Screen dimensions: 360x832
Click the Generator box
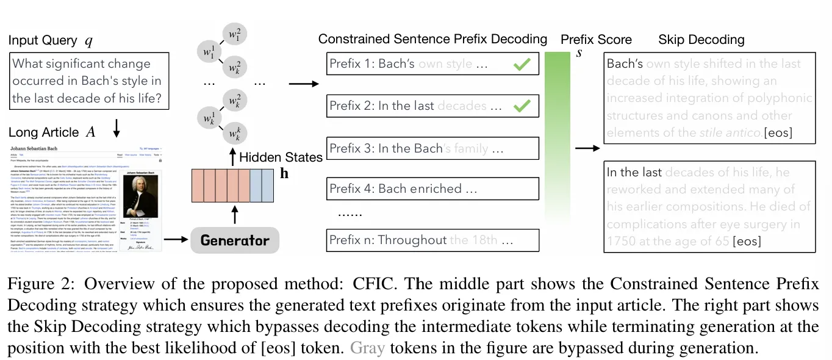[235, 240]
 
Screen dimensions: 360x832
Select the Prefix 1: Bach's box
[432, 64]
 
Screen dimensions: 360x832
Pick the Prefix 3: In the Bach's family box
[432, 148]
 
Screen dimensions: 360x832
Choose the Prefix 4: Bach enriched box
[432, 189]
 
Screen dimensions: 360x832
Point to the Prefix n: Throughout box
[432, 240]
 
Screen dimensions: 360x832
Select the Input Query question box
[89, 81]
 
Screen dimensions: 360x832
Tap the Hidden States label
[281, 157]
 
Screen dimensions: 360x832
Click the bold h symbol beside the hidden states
[284, 175]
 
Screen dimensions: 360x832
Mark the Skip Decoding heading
[701, 40]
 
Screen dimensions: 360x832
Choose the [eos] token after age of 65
[747, 242]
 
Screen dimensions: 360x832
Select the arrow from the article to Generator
[175, 240]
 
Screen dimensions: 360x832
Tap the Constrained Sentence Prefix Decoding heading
[432, 39]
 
